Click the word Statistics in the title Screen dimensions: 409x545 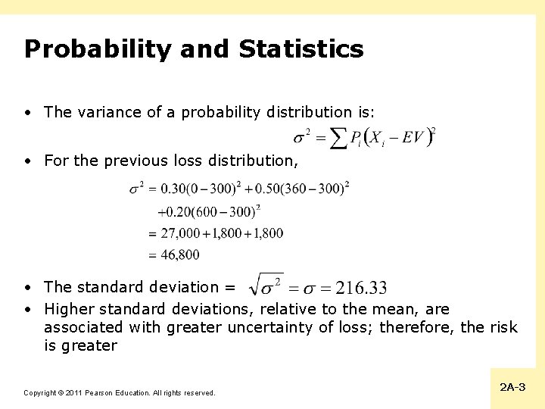coord(301,50)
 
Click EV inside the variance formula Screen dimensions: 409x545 coord(413,137)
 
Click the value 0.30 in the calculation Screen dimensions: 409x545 coord(173,187)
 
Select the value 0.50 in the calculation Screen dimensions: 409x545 coord(268,187)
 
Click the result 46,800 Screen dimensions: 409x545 coord(180,255)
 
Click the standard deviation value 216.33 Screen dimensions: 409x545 coord(361,288)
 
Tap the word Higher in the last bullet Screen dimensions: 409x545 coord(69,309)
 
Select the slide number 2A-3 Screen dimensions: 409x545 coord(512,387)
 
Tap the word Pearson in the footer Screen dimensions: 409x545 coord(101,393)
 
